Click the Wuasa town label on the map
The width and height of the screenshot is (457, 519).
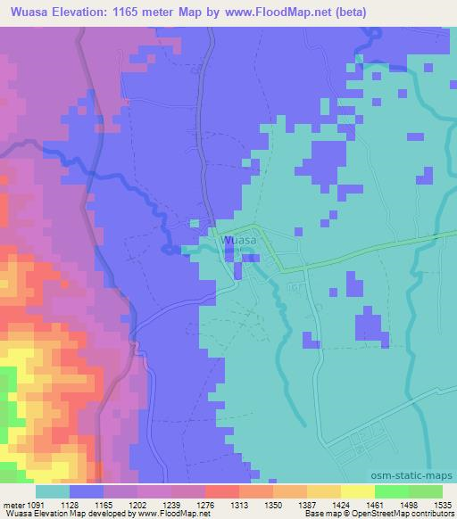click(239, 241)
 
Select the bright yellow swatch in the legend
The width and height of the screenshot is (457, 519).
click(357, 491)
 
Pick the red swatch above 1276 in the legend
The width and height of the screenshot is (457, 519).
click(221, 491)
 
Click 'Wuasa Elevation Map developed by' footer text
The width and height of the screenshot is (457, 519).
click(66, 514)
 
